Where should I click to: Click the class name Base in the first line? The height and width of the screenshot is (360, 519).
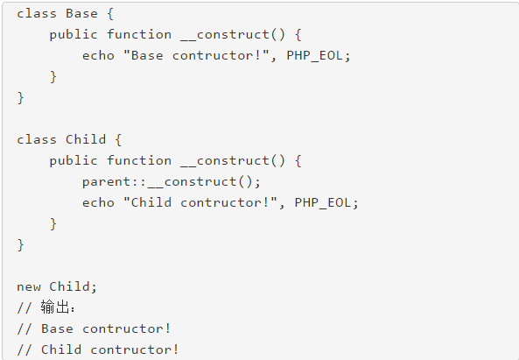(x=81, y=14)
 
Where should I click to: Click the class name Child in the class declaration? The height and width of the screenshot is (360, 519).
(x=86, y=139)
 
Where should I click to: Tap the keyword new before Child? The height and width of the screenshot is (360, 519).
(x=29, y=286)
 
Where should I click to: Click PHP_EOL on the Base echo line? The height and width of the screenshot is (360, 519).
(x=314, y=56)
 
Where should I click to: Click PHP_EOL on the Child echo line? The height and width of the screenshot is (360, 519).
(x=323, y=202)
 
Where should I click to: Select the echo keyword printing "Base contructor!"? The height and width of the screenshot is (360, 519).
(x=98, y=56)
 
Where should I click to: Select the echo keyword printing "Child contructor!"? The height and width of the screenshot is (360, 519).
(x=98, y=202)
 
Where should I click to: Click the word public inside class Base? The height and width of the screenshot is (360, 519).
(x=74, y=35)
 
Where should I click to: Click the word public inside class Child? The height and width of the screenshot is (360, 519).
(x=74, y=161)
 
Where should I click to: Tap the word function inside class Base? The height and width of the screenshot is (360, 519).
(x=139, y=34)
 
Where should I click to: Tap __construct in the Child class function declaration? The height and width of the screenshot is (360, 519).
(x=225, y=161)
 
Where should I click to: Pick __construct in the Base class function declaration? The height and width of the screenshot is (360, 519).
(x=225, y=35)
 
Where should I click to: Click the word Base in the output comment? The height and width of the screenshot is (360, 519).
(x=57, y=328)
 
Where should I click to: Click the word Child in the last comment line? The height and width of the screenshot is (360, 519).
(x=61, y=349)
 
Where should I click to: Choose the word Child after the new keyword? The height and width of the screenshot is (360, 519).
(x=69, y=286)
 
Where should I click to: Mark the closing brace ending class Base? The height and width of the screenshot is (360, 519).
(x=20, y=98)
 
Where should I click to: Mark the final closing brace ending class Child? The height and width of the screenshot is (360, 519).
(x=20, y=245)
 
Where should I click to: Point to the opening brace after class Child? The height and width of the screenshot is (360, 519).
(x=118, y=140)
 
